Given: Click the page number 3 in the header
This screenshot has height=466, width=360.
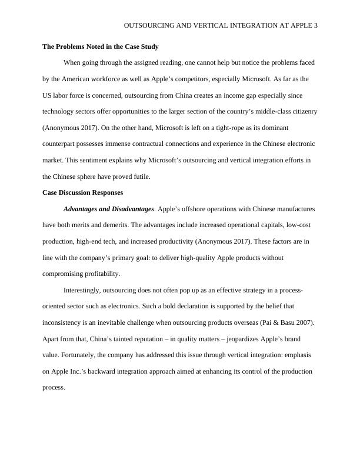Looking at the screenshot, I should pyautogui.click(x=315, y=26).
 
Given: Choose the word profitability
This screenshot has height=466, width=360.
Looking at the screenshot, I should pyautogui.click(x=99, y=274).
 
